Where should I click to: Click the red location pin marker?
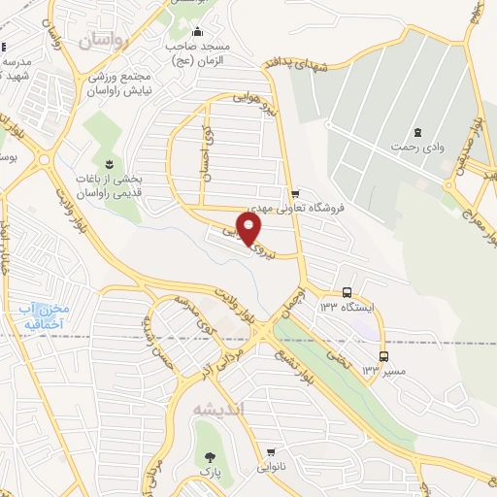point(249,229)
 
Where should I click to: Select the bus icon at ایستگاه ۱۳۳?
point(348,292)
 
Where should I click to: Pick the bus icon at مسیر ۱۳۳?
point(382,356)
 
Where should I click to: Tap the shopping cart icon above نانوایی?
point(271,452)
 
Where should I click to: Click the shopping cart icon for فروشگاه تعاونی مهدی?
point(294,193)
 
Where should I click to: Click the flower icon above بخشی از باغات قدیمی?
point(107,162)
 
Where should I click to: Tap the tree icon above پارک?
point(206,456)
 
